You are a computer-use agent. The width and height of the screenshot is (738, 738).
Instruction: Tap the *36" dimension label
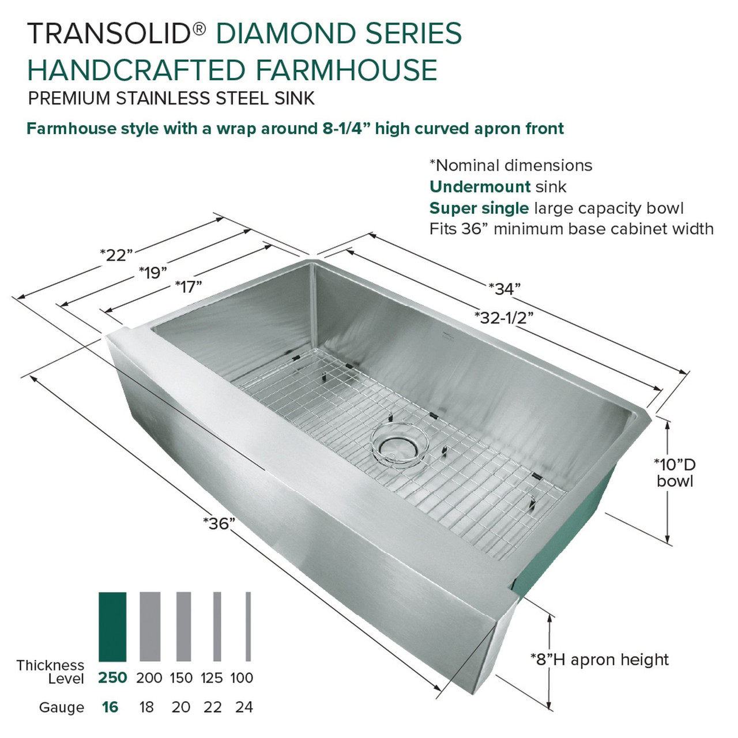coord(220,524)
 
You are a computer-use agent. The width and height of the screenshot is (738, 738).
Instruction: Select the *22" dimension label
coord(116,254)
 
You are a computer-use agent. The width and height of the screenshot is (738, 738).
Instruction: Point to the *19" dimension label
coord(153,272)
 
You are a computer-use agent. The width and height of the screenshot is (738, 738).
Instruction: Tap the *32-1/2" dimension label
coord(503,317)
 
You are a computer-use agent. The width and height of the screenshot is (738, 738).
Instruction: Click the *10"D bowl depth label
coord(675,472)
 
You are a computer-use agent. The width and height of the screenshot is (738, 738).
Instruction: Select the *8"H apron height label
coord(600,660)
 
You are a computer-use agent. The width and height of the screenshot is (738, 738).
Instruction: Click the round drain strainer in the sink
coord(398,443)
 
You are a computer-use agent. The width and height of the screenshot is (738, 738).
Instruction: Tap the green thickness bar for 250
coord(112,627)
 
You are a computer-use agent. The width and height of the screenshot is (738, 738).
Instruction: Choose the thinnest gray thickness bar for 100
coord(248,627)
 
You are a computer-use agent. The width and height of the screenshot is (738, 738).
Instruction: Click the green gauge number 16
coord(110,707)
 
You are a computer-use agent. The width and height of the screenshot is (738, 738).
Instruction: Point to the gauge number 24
coord(244,707)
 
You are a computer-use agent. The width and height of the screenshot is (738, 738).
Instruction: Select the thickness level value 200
coord(149,678)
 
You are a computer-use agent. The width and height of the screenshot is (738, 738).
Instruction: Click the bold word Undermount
coord(480,187)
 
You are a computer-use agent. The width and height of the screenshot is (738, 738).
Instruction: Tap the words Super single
coord(479,208)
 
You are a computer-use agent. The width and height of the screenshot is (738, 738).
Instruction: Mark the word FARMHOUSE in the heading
coord(346,70)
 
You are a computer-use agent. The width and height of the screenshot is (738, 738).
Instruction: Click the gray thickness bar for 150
coord(183,627)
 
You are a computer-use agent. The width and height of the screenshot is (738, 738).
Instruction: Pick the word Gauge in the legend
coord(61,707)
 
